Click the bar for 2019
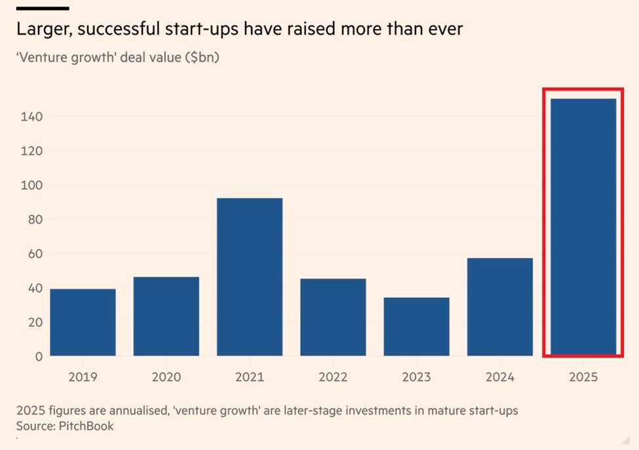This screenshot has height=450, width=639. [83, 322]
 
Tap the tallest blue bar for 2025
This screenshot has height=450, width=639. [583, 226]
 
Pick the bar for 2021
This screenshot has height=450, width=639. [250, 277]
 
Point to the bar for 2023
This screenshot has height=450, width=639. [417, 326]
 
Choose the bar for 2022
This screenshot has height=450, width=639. [333, 317]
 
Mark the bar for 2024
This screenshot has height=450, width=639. [500, 306]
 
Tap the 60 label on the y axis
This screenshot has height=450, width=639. [35, 254]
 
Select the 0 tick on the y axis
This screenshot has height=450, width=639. [38, 356]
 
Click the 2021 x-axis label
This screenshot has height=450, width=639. [250, 377]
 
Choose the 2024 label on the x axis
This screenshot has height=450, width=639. [500, 377]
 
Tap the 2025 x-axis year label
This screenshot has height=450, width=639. [583, 377]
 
